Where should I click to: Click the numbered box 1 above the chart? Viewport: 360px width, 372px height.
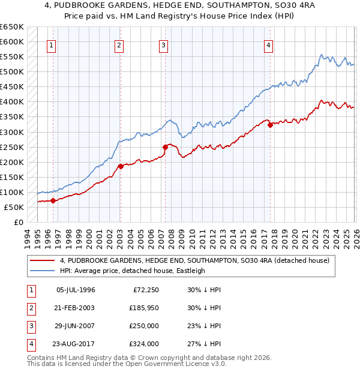52,46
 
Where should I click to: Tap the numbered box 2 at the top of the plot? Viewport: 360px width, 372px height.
119,46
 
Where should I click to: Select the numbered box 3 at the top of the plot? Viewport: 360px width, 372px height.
163,46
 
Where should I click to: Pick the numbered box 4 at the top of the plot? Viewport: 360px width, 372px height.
269,46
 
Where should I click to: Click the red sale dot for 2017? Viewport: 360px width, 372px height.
270,125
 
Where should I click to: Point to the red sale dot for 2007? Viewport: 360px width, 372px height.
165,147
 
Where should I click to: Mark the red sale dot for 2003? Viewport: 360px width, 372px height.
121,166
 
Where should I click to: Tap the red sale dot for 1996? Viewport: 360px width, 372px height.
53,200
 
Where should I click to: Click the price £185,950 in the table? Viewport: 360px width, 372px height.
145,308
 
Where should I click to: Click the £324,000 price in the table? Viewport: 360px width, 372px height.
145,344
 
